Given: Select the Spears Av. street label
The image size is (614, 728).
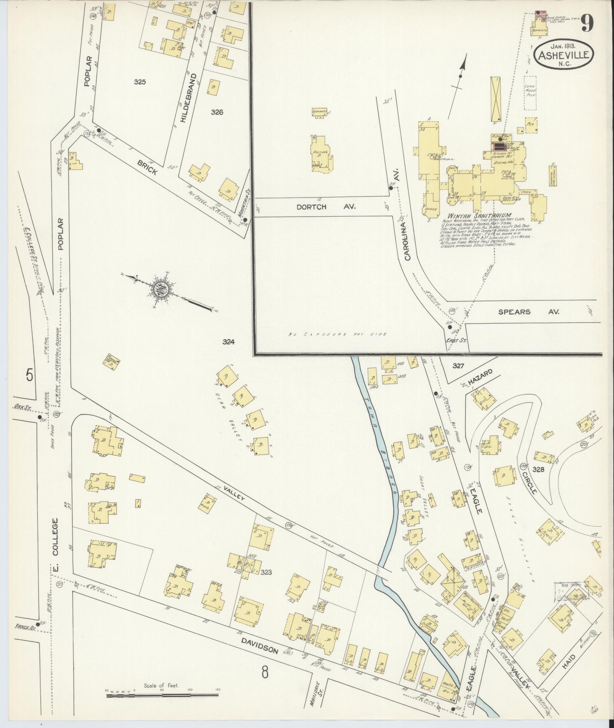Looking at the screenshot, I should (x=529, y=312).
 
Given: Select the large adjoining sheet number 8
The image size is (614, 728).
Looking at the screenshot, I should (x=265, y=673).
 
